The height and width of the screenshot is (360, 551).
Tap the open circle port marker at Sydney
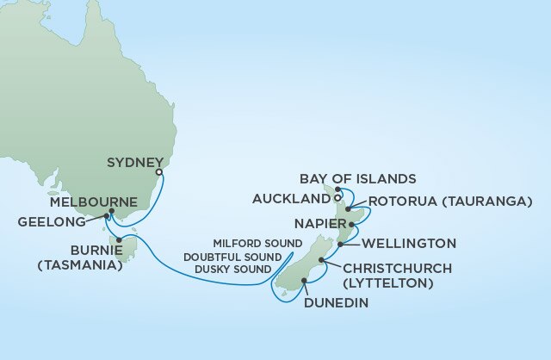159,172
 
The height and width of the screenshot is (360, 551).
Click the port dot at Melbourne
108,215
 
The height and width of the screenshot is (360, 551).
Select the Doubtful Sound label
237,258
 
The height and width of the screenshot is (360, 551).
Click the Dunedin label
336,303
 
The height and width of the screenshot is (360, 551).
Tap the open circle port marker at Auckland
337,199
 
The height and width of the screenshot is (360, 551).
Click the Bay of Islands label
357,178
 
